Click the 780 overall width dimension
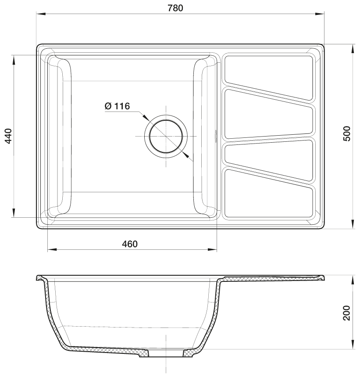(175, 8)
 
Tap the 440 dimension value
(8, 136)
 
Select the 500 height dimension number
(347, 133)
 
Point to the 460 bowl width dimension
(130, 244)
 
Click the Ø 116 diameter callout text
(117, 106)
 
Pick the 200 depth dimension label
(346, 313)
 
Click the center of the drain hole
(166, 137)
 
